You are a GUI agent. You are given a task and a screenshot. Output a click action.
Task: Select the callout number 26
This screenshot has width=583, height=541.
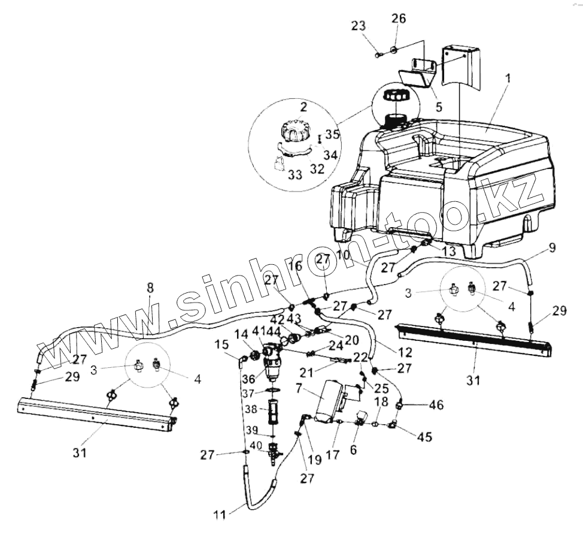coord(399,19)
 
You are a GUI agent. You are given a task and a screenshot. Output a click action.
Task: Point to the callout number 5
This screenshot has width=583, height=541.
coord(439,108)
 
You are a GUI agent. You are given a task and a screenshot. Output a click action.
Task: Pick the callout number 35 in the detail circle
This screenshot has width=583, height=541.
coord(333,134)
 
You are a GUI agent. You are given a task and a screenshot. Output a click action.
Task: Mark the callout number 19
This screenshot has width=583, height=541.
coord(315,460)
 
